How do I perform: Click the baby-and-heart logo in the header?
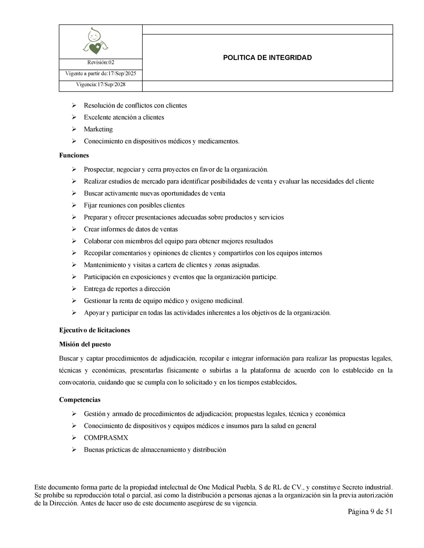coord(95,42)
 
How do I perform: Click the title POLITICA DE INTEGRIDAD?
coord(267,58)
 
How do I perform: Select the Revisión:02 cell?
coord(101,62)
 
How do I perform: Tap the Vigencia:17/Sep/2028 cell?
coord(101,85)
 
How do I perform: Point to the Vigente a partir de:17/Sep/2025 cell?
coord(101,74)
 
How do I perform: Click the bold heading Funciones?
coord(74,155)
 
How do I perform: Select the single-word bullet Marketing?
coord(98,129)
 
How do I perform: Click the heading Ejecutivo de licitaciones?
coord(94,330)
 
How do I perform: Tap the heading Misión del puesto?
coord(85,344)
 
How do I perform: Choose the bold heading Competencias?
coord(79,400)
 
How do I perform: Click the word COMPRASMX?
coord(106,438)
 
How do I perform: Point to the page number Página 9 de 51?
coord(370,512)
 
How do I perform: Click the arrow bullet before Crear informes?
coord(74,229)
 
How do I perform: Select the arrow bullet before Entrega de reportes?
coord(74,289)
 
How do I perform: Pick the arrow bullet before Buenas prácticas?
coord(74,450)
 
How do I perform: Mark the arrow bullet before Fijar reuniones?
coord(74,205)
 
